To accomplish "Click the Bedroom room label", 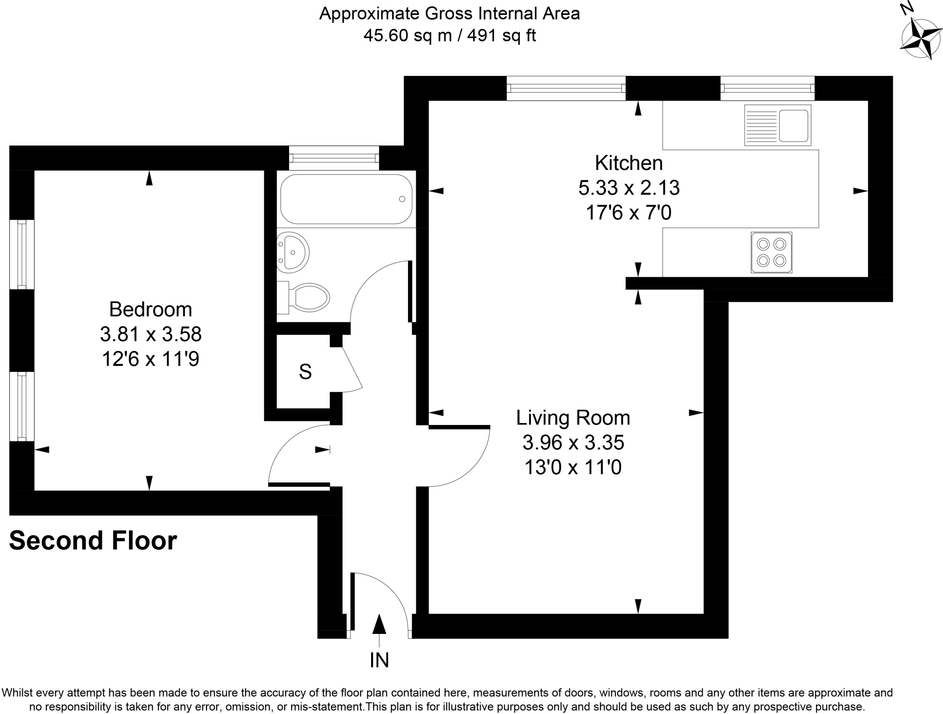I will [151, 309].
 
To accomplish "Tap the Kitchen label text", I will [629, 163].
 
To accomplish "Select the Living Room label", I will [573, 418].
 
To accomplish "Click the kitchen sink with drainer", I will [778, 125].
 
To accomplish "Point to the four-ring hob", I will [771, 252].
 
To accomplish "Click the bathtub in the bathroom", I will [346, 199].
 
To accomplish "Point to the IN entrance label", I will [379, 660].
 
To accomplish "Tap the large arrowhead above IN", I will [379, 624].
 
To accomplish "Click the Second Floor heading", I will [93, 540].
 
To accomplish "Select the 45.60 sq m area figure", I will [407, 35].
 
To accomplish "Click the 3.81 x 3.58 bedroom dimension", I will [151, 334].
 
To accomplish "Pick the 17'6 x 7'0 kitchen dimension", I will [629, 213].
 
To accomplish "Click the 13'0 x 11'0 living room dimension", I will [573, 468].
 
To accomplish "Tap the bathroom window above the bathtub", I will [334, 158].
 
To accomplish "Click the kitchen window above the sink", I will [767, 88].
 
